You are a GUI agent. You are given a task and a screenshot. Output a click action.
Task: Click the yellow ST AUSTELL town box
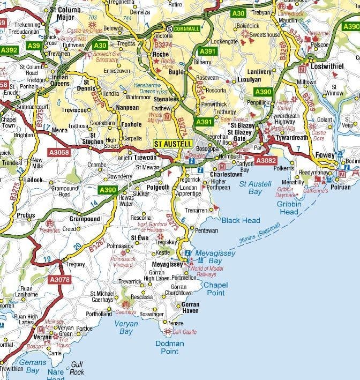point(172,144)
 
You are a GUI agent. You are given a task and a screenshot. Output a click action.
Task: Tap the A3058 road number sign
point(59,153)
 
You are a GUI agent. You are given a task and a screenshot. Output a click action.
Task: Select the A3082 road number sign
point(266,160)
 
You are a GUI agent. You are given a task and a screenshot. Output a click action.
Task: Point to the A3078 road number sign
point(59,279)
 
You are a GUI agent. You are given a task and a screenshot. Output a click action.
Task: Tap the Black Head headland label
point(241,220)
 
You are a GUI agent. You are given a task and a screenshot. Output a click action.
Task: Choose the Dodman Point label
point(170,347)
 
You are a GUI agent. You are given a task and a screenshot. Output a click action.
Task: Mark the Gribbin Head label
point(289,208)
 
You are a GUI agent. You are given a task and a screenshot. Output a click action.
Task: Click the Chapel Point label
point(214,289)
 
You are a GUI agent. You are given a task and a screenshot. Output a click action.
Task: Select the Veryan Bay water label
point(126,327)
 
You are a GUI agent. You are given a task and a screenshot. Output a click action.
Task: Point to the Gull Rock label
point(77,368)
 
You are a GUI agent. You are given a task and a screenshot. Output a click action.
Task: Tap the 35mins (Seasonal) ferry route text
point(260,237)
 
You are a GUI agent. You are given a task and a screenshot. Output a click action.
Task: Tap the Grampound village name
point(85,219)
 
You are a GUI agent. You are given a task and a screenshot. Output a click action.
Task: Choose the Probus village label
point(25,215)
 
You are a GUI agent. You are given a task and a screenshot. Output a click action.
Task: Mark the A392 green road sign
point(9,50)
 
